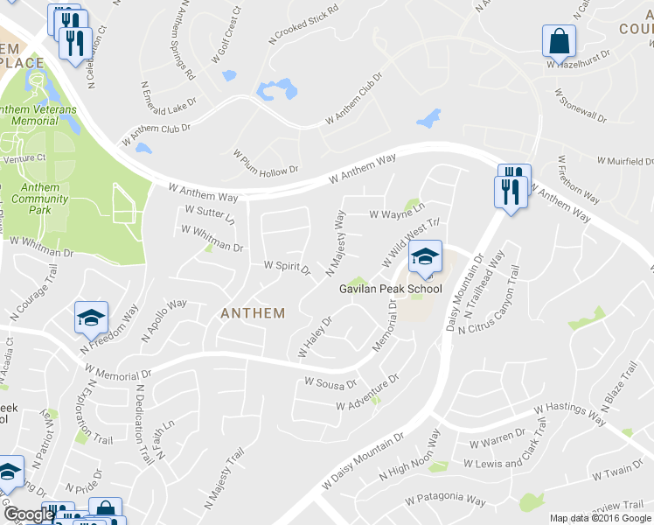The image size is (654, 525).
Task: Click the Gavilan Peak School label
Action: point(391,289)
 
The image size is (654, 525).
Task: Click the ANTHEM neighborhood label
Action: point(253,312)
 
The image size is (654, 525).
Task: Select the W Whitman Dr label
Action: point(212,238)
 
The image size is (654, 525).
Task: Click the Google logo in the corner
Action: point(28,514)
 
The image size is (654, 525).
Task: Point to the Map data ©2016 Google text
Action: point(601,518)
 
